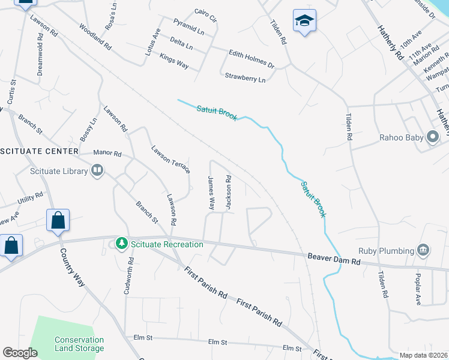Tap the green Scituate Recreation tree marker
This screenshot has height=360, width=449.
pos(122,244)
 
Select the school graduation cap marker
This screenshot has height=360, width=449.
pos(304,21)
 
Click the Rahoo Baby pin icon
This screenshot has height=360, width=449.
pos(433,137)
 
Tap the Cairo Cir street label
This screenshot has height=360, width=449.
pos(205,11)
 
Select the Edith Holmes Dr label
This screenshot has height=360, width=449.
pos(252,59)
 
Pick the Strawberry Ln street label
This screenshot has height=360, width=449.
pos(245,77)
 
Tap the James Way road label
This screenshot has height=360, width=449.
pos(211,192)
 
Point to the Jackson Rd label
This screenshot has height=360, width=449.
pos(229,192)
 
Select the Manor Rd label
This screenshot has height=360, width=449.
pos(107,154)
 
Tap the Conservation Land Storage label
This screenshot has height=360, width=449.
pos(79,344)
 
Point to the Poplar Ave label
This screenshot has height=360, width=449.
pos(418,290)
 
